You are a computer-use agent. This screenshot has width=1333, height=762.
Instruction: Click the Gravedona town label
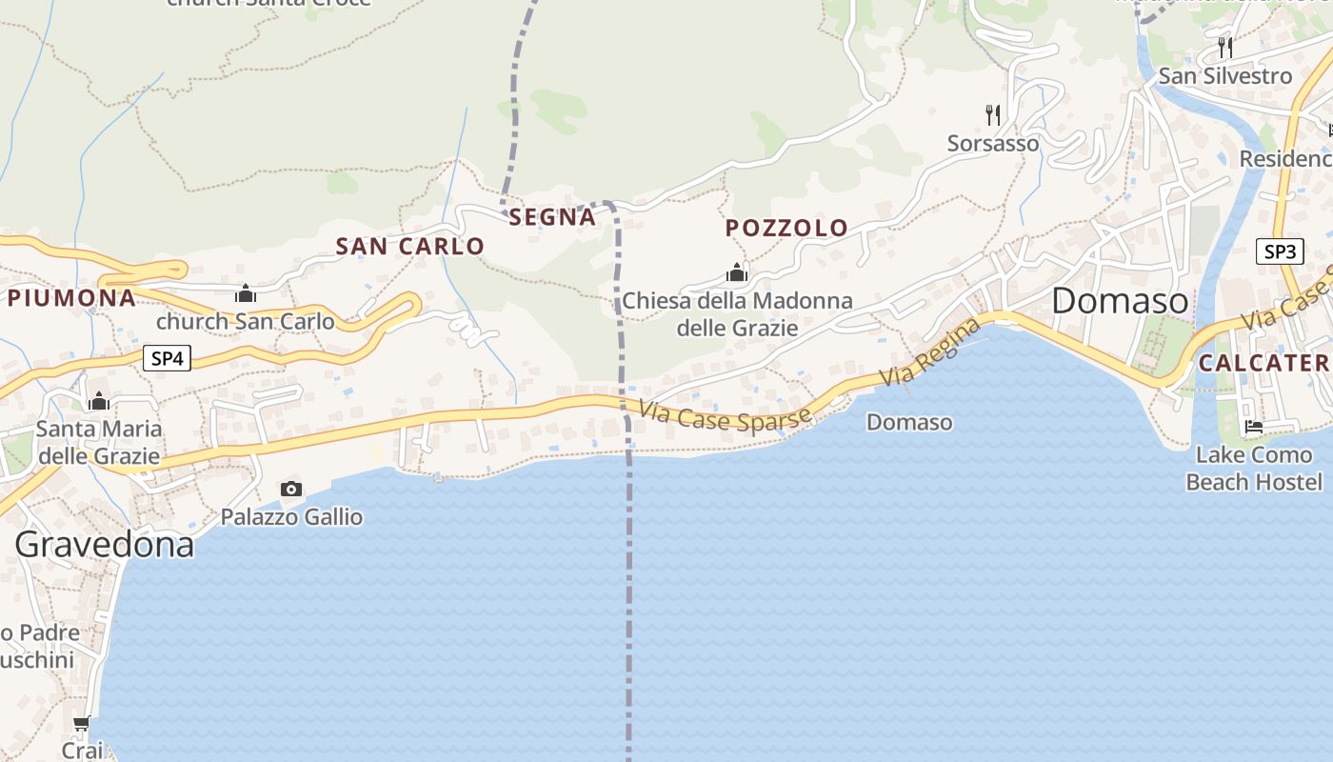[105, 545]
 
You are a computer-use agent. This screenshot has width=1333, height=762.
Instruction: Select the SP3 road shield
[1280, 251]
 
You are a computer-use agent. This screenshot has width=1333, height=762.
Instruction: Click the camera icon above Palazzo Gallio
[291, 490]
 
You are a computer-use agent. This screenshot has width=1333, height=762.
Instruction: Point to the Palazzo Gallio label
[291, 517]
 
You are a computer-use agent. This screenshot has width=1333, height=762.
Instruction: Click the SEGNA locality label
[552, 218]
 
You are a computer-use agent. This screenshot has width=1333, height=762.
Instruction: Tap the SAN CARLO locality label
[410, 247]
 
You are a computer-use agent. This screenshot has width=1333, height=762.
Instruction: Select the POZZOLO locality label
[786, 229]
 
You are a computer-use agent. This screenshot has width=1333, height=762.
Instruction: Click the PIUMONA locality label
[72, 298]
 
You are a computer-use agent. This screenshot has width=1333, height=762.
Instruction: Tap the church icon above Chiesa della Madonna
[737, 273]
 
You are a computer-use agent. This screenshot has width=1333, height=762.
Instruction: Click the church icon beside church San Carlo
[246, 293]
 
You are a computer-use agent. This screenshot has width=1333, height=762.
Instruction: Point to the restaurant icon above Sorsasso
[993, 115]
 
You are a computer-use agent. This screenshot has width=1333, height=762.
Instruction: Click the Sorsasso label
[993, 144]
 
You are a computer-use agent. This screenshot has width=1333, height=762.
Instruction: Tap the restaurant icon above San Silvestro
[1225, 47]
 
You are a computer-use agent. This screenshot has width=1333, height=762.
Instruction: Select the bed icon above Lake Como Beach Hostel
[1254, 427]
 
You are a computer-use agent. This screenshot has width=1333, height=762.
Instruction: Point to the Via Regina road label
[928, 352]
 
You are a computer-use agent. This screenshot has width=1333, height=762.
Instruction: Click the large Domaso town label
[1121, 302]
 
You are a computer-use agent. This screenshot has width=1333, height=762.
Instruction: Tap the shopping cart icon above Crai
[82, 724]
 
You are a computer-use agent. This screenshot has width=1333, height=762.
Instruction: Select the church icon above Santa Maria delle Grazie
[99, 402]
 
